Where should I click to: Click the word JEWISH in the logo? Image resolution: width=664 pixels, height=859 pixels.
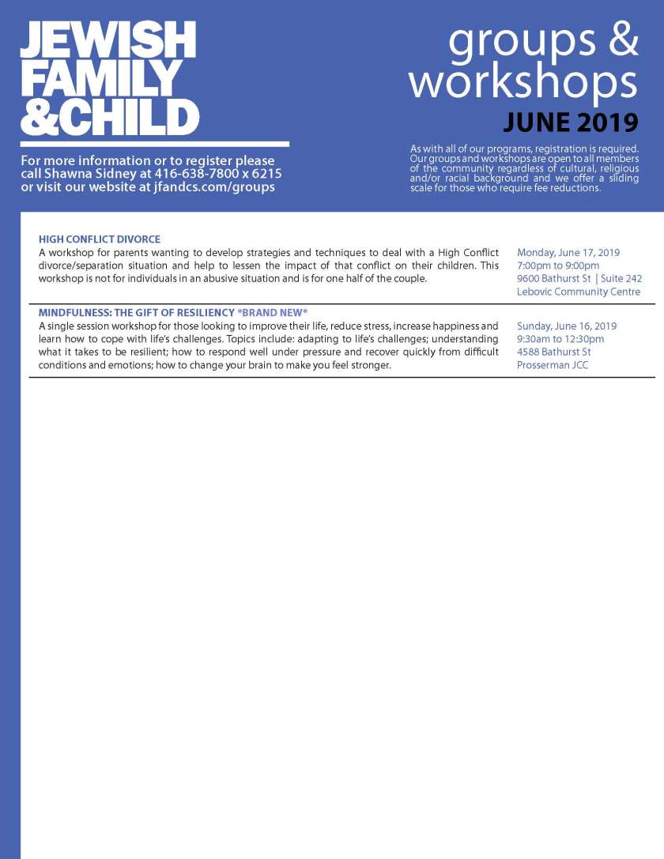(x=108, y=40)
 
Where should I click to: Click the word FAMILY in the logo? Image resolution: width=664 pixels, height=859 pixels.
(x=100, y=78)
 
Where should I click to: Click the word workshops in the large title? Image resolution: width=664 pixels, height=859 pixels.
(x=523, y=81)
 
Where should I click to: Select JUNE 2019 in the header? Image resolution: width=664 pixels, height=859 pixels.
(x=570, y=122)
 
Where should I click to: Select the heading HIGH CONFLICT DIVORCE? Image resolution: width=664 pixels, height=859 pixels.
(x=100, y=239)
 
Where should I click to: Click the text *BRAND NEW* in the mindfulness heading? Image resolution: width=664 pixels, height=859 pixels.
(x=272, y=312)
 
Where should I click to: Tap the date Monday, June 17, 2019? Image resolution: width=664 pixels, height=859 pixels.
(x=568, y=253)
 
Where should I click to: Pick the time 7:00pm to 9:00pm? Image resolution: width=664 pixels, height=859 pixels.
(x=558, y=266)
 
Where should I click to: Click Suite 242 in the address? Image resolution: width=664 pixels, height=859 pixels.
(x=621, y=279)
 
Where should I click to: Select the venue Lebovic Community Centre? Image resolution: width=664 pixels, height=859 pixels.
(x=579, y=292)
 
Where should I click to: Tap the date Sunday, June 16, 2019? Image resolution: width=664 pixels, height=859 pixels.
(x=567, y=326)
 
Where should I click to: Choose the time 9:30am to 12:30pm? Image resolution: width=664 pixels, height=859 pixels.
(x=560, y=339)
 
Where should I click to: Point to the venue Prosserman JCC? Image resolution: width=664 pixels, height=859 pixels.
(x=553, y=365)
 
